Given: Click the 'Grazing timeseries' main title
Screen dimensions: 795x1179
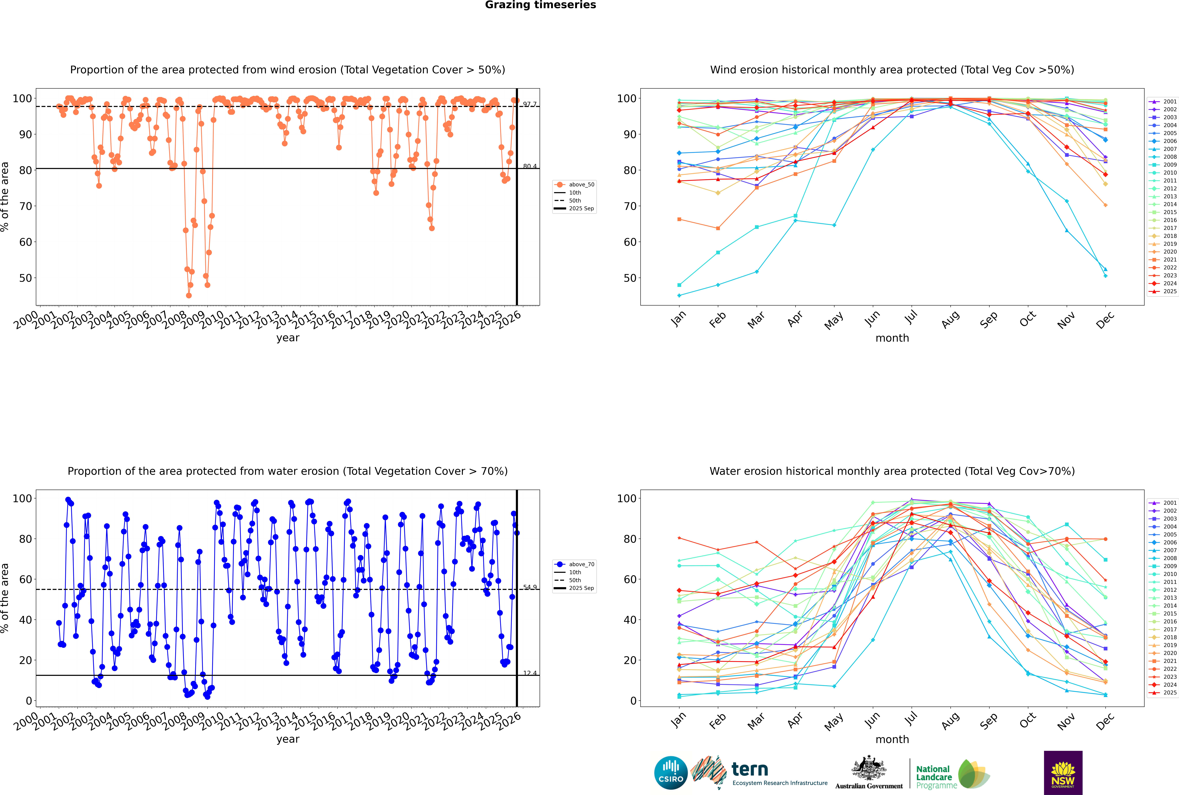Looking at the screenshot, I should pos(540,5).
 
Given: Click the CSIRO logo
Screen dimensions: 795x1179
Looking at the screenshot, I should pos(671,773).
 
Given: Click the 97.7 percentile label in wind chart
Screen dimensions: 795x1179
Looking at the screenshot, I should pos(530,104).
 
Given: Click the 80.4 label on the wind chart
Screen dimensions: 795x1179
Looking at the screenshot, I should pos(530,166).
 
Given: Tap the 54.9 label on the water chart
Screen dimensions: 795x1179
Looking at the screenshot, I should pos(530,587).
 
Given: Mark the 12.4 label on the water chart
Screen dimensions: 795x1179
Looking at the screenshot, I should pos(530,673).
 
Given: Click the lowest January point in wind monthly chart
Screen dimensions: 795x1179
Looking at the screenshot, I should pos(679,295).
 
